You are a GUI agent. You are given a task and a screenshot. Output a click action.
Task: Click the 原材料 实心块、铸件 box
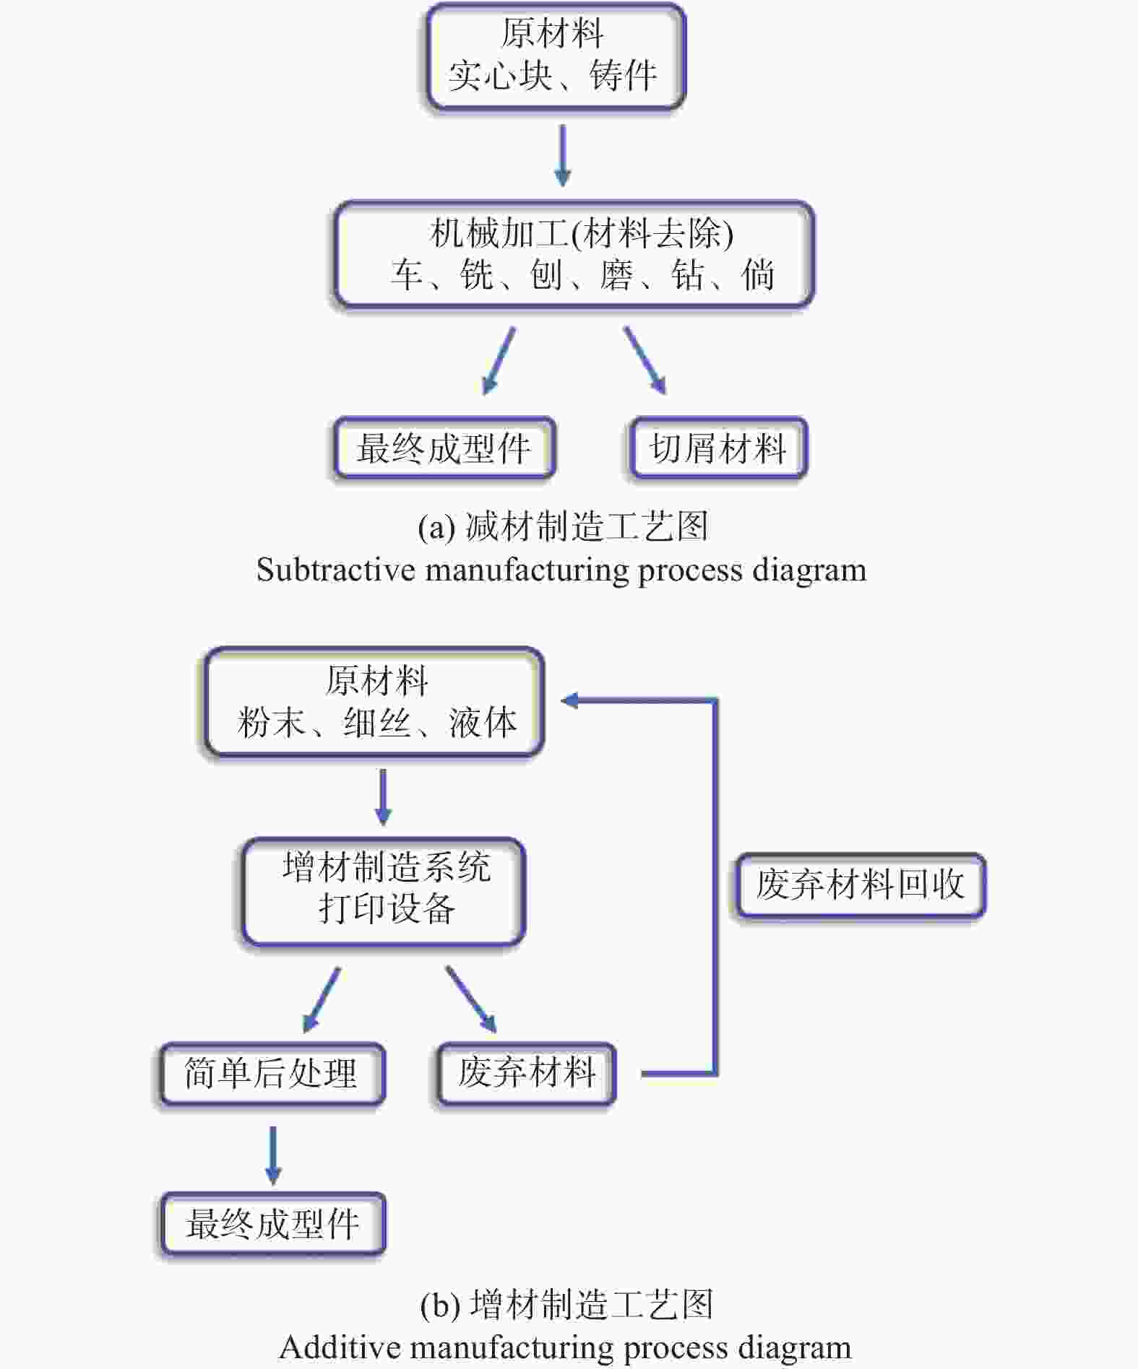point(555,56)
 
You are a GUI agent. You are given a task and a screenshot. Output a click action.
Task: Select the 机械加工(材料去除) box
point(574,254)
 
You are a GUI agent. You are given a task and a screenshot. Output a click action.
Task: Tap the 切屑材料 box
point(718,448)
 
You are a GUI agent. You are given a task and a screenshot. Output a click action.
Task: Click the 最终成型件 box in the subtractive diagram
point(444,448)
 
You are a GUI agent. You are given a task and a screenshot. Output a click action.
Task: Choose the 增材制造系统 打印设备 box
point(384,891)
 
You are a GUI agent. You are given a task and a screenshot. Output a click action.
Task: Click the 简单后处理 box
point(272,1074)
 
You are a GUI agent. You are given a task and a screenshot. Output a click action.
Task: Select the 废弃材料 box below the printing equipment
point(527,1074)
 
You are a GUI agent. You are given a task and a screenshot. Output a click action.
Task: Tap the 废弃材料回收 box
point(860,885)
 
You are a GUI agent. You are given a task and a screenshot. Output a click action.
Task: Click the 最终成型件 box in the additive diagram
point(272,1224)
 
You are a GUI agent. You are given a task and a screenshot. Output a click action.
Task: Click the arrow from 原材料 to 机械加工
point(562,156)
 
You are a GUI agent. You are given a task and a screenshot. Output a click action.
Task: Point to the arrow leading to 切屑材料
point(645,360)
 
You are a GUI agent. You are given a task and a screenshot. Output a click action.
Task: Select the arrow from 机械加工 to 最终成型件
point(499,360)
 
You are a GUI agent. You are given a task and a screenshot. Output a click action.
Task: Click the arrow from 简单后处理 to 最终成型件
point(272,1155)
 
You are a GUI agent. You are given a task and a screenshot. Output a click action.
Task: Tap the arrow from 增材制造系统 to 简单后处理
point(321,1000)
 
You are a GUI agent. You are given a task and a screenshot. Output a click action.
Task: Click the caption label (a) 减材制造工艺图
point(563,526)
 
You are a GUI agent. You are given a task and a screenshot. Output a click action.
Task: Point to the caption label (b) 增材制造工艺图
point(566,1305)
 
